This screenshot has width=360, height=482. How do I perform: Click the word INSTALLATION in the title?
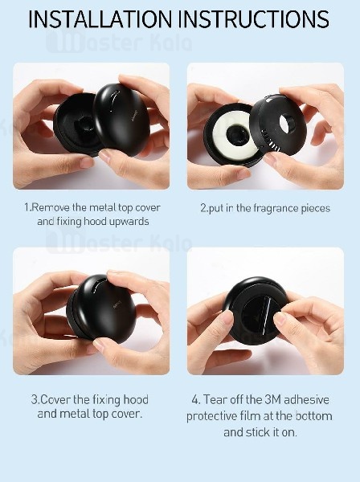pos(100,19)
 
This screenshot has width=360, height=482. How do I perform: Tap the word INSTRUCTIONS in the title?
pos(256,19)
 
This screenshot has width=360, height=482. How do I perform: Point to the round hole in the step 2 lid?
pos(286,122)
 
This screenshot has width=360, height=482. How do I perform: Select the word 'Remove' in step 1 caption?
pos(51,207)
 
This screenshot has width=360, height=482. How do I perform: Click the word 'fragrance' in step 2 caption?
pos(272,209)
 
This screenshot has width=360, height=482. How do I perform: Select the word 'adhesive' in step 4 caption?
pos(306,399)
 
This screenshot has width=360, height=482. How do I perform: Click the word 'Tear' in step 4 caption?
pos(215,399)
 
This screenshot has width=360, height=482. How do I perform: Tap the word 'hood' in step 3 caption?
pos(136,399)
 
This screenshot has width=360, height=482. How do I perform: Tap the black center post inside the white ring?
pos(235,134)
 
